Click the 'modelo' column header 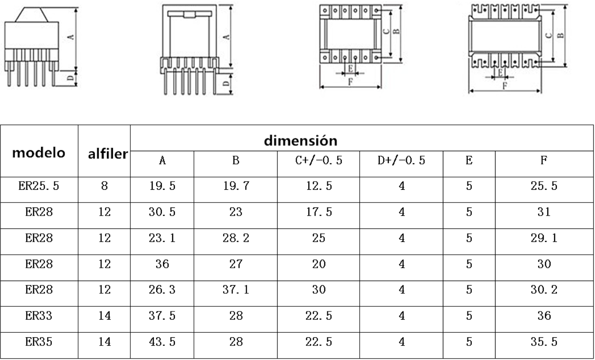tap(39, 153)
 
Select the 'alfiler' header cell tap(108, 154)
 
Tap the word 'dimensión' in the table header tap(301, 140)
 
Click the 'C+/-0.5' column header tap(318, 160)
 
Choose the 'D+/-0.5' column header tap(402, 160)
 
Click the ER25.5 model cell tap(39, 186)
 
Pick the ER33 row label tap(39, 316)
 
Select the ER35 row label tap(39, 342)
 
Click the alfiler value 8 tap(104, 186)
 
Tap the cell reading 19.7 tap(236, 186)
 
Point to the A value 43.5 tap(162, 342)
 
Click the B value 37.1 tap(236, 290)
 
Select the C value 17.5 tap(319, 212)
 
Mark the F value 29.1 tap(544, 238)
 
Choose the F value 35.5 tap(544, 342)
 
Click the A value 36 tap(162, 264)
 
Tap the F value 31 tap(544, 212)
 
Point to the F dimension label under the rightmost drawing tap(505, 85)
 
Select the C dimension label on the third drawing tap(387, 31)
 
